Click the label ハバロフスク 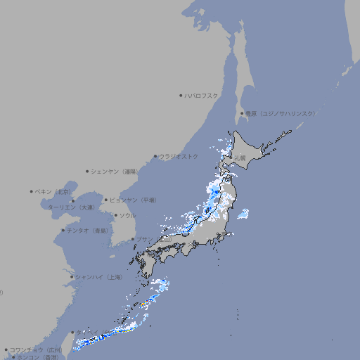202,95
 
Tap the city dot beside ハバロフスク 181,95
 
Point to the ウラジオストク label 179,156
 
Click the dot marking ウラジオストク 155,157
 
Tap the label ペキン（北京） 54,191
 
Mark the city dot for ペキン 32,191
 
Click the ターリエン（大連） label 71,207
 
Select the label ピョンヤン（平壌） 133,200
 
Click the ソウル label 127,215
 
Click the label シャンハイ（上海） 98,277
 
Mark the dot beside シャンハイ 72,277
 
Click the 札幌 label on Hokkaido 240,158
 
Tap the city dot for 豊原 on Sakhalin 241,113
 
